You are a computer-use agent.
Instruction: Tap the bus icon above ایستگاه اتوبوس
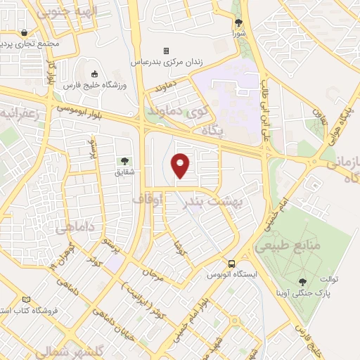(231, 264)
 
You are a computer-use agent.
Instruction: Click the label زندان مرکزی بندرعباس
(167, 62)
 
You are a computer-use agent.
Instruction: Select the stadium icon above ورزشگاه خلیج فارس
(95, 74)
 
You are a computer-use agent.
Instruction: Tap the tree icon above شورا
(238, 23)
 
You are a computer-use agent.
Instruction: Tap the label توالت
(328, 279)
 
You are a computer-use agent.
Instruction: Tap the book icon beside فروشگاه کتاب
(27, 300)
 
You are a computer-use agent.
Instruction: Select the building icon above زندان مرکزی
(167, 51)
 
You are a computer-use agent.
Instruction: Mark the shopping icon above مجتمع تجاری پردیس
(25, 32)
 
